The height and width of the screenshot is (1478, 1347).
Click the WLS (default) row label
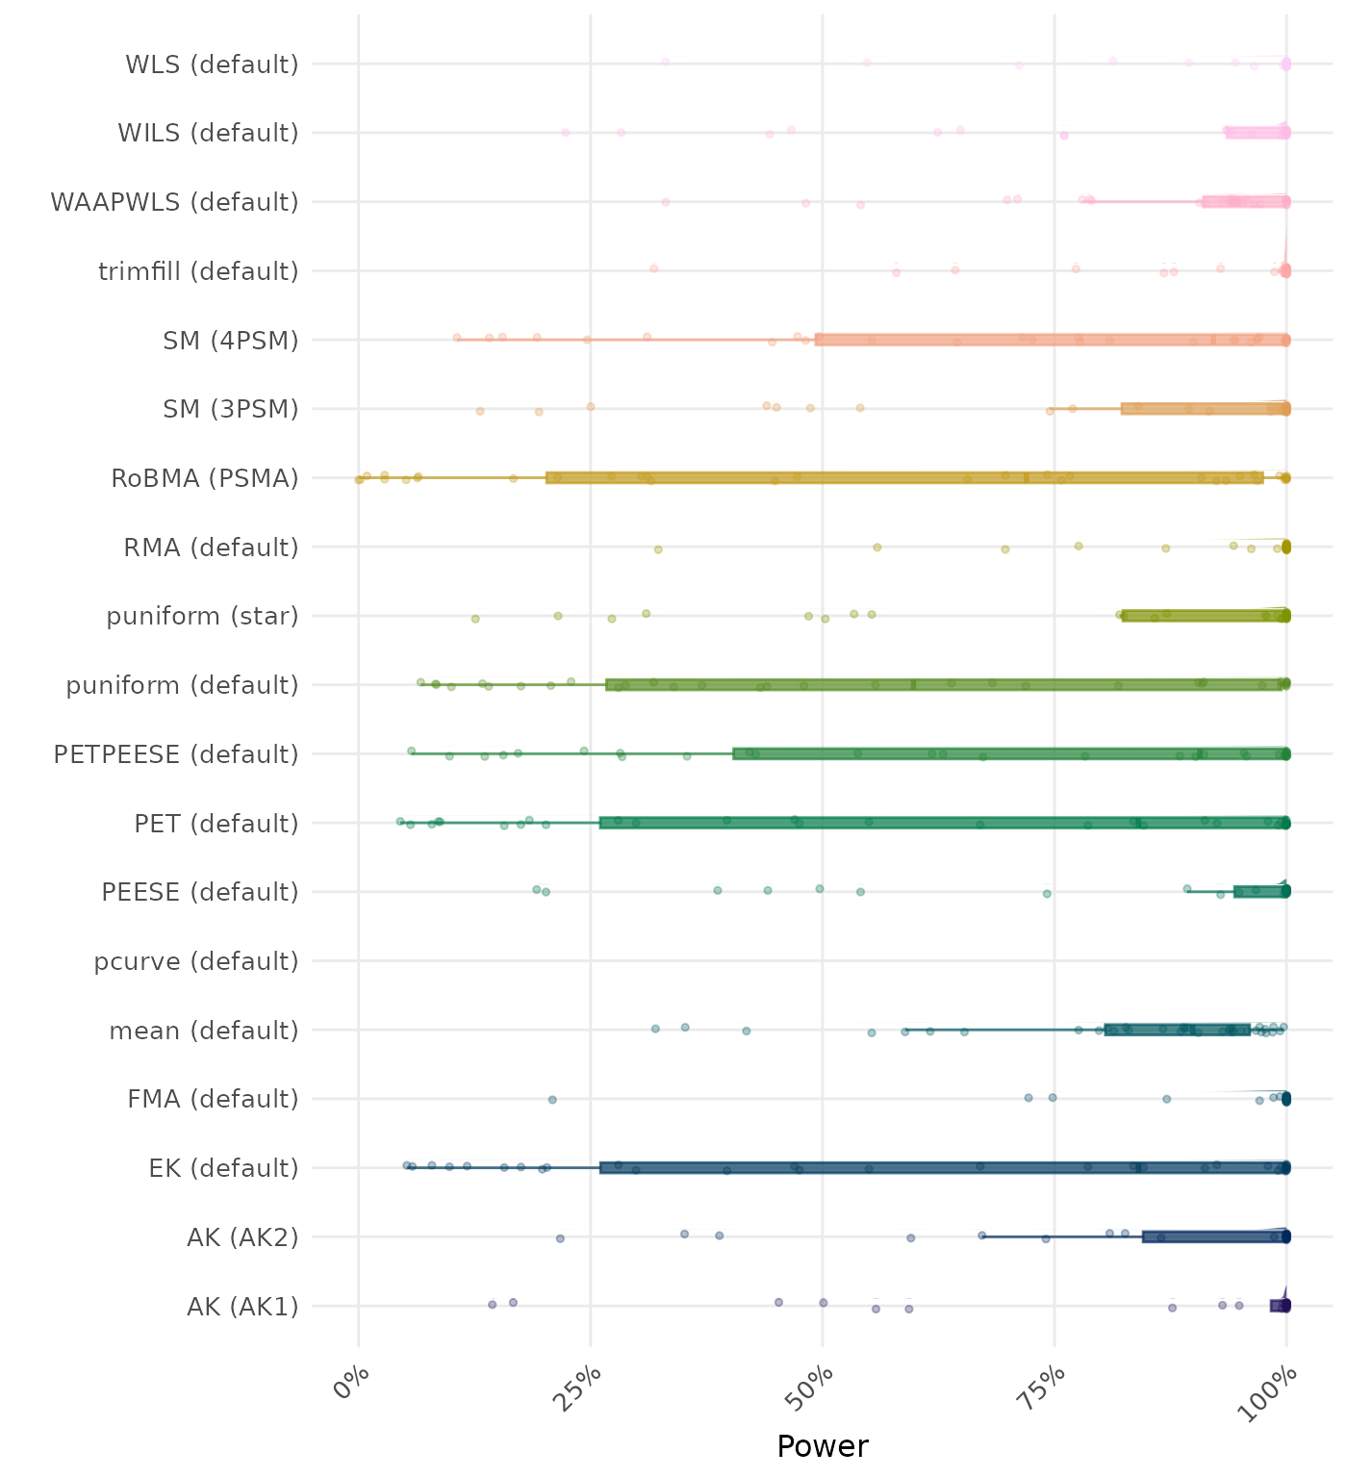[212, 64]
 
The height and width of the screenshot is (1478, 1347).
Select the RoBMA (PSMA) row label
[205, 478]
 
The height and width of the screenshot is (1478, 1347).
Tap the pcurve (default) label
[196, 961]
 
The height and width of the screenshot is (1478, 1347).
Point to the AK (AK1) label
[242, 1307]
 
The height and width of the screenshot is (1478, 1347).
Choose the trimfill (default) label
[198, 271]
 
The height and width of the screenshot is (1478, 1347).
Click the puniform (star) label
[202, 616]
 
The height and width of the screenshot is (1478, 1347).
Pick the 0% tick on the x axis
[351, 1386]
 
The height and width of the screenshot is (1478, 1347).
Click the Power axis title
[823, 1446]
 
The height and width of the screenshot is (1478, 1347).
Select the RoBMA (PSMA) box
[904, 478]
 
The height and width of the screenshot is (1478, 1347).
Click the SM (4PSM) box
[1052, 340]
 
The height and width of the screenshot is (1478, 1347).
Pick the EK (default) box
[944, 1168]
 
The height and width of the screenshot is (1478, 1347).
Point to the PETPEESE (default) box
[1010, 754]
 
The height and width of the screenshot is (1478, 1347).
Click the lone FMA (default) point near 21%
[552, 1099]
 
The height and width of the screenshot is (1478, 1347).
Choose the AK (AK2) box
[1215, 1236]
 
